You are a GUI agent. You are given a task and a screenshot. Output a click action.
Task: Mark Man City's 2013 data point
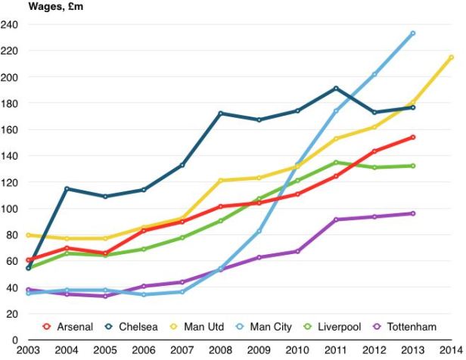412,33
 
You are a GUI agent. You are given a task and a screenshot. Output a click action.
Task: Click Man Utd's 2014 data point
452,57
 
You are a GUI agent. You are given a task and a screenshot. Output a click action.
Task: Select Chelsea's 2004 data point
67,188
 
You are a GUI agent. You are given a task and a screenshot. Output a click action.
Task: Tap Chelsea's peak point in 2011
336,88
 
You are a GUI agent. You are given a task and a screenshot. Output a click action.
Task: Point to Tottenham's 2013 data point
412,213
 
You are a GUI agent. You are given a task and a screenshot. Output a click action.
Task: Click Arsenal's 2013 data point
412,137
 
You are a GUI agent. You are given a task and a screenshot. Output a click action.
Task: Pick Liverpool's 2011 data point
336,163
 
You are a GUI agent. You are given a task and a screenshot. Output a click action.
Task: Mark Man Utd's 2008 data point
221,181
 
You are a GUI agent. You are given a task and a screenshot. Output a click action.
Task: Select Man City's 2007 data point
182,292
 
